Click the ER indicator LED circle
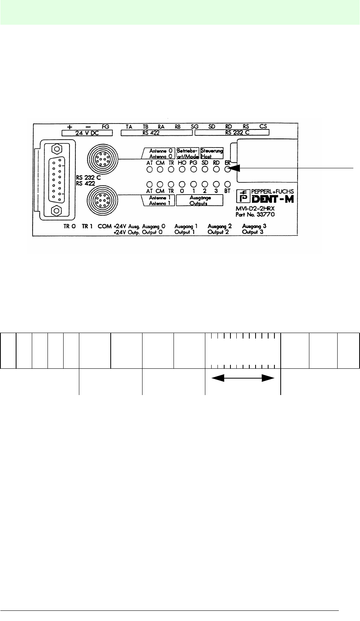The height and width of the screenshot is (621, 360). tap(227, 170)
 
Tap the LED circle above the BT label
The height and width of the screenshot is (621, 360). tap(227, 184)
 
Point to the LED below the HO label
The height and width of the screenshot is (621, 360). tap(182, 170)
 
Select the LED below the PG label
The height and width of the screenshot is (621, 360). tap(194, 170)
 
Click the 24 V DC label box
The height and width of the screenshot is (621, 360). tap(83, 133)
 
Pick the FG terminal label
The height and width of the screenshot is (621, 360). tap(105, 126)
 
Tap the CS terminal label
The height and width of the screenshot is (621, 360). tap(263, 126)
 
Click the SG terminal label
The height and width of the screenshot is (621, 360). tap(195, 126)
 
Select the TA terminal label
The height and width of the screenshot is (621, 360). tap(129, 126)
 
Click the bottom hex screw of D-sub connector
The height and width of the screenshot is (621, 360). tap(56, 211)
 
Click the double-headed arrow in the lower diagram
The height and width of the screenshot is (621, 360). tap(243, 378)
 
